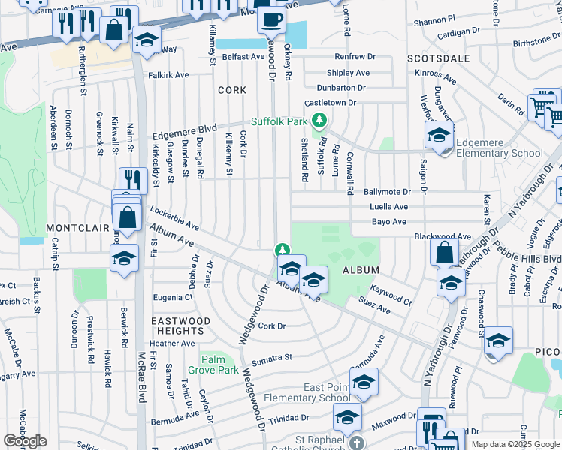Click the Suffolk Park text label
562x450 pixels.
[x=279, y=121]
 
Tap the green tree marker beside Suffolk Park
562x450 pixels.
[x=319, y=120]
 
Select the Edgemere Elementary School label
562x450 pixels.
[x=500, y=148]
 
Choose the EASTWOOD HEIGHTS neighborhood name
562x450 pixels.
[x=180, y=325]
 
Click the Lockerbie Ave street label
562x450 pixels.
[x=174, y=217]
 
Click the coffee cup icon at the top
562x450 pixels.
[x=271, y=19]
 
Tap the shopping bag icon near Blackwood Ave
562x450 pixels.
[x=444, y=251]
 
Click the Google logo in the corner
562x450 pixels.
[x=25, y=441]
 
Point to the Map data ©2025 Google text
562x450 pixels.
[x=515, y=444]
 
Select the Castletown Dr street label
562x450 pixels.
[x=334, y=102]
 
